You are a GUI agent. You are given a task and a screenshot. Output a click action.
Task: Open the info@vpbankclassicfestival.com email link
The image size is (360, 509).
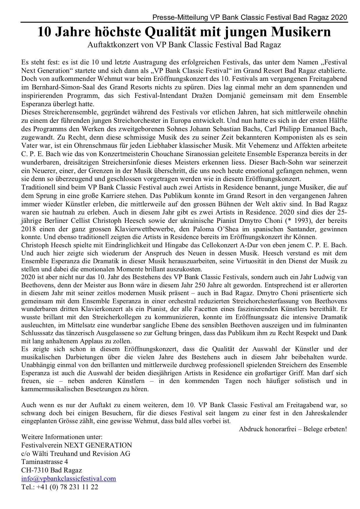click(x=69, y=479)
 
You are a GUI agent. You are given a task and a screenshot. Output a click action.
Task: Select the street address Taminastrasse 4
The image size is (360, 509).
click(x=45, y=462)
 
